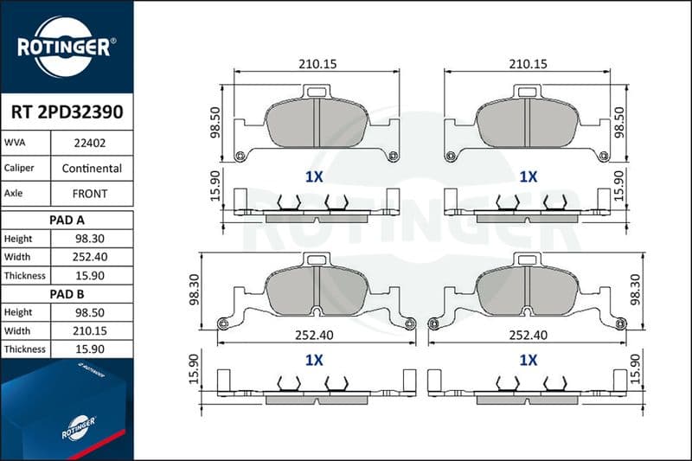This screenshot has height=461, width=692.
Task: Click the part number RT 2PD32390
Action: (x=67, y=112)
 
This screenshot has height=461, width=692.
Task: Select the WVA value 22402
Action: (x=90, y=143)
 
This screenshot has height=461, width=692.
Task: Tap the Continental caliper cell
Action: (x=92, y=168)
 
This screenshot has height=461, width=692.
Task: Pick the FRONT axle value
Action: (x=90, y=194)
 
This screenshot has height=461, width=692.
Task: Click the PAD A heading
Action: (x=67, y=221)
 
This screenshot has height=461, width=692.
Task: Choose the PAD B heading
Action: (x=67, y=294)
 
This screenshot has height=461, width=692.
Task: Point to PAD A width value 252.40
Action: (x=90, y=257)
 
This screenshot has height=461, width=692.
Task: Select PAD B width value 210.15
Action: (x=90, y=331)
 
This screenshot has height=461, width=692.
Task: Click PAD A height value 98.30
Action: (x=90, y=239)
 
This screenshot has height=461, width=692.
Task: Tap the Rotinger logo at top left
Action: (x=67, y=47)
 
